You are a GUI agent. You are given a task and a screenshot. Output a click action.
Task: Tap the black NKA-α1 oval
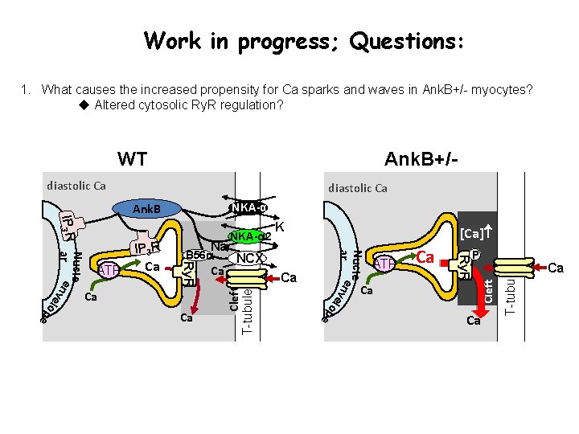[x=248, y=209]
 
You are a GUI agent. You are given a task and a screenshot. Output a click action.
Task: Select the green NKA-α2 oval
[x=249, y=236]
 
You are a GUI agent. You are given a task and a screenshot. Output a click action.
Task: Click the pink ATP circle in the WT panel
[x=107, y=271]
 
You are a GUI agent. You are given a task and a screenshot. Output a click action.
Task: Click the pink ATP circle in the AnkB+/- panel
[x=384, y=263]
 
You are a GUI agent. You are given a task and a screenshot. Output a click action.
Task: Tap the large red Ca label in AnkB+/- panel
[x=425, y=258]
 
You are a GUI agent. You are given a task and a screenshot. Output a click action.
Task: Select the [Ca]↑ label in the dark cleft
[x=475, y=233]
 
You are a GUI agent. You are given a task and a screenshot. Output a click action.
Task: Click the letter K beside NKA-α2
[x=280, y=228]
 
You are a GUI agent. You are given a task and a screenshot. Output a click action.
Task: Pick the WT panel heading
[x=132, y=159]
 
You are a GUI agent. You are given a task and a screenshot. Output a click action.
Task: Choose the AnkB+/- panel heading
[x=425, y=159]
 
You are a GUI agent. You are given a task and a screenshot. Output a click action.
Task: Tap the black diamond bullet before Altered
[x=84, y=105]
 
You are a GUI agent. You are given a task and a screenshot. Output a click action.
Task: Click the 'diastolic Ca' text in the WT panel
[x=76, y=186]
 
